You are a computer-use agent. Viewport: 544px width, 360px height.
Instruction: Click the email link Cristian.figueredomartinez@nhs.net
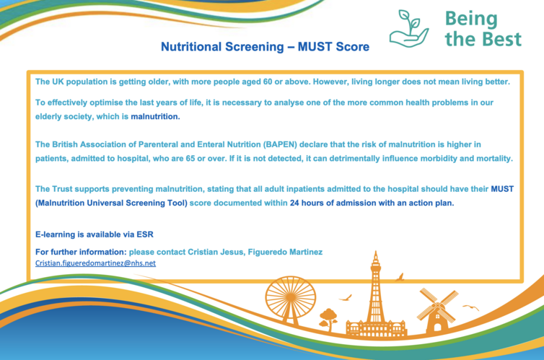point(95,263)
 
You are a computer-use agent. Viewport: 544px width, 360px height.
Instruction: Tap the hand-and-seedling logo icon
point(409,29)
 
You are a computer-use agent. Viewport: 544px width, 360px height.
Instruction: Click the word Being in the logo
point(471,19)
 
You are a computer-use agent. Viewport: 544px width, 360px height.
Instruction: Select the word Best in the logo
point(501,38)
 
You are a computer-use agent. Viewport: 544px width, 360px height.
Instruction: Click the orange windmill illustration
point(437,309)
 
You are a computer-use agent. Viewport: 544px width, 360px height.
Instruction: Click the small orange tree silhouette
point(328,319)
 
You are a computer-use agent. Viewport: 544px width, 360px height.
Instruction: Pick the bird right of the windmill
point(471,307)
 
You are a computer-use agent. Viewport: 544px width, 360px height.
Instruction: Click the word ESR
point(145,234)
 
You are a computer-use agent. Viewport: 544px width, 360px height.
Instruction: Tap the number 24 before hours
point(294,203)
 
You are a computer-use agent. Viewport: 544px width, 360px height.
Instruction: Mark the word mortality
point(495,159)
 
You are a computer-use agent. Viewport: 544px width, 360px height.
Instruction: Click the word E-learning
point(55,234)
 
